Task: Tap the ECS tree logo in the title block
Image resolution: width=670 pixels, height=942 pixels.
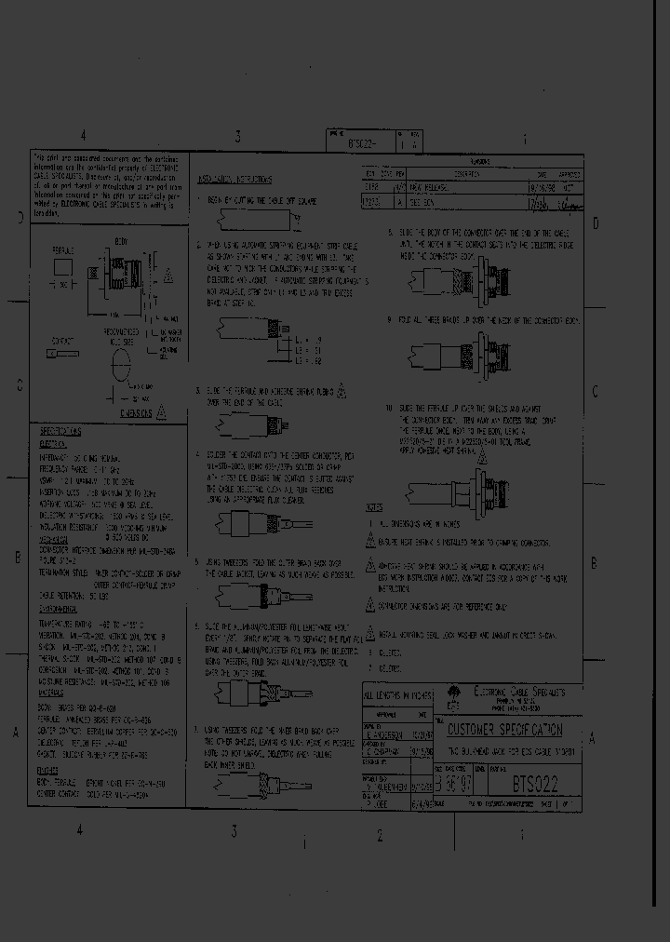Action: click(x=455, y=693)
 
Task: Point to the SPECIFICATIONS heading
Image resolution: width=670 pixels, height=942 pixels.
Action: click(x=61, y=433)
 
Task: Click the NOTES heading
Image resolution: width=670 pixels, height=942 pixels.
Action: click(x=374, y=507)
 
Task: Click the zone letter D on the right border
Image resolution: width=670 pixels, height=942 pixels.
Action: click(x=596, y=222)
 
